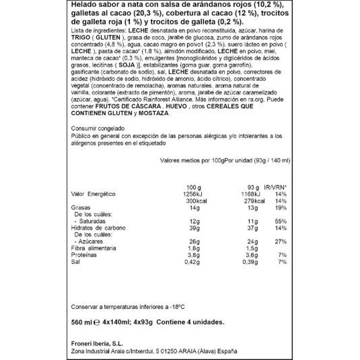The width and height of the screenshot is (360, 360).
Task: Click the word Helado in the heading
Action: pyautogui.click(x=84, y=6)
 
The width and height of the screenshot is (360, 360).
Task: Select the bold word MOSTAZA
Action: pyautogui.click(x=153, y=113)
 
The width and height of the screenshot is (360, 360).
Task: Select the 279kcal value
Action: pyautogui.click(x=254, y=201)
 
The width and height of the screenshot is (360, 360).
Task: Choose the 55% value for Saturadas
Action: pyautogui.click(x=281, y=221)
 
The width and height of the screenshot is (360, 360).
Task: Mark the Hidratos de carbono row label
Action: pyautogui.click(x=98, y=228)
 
